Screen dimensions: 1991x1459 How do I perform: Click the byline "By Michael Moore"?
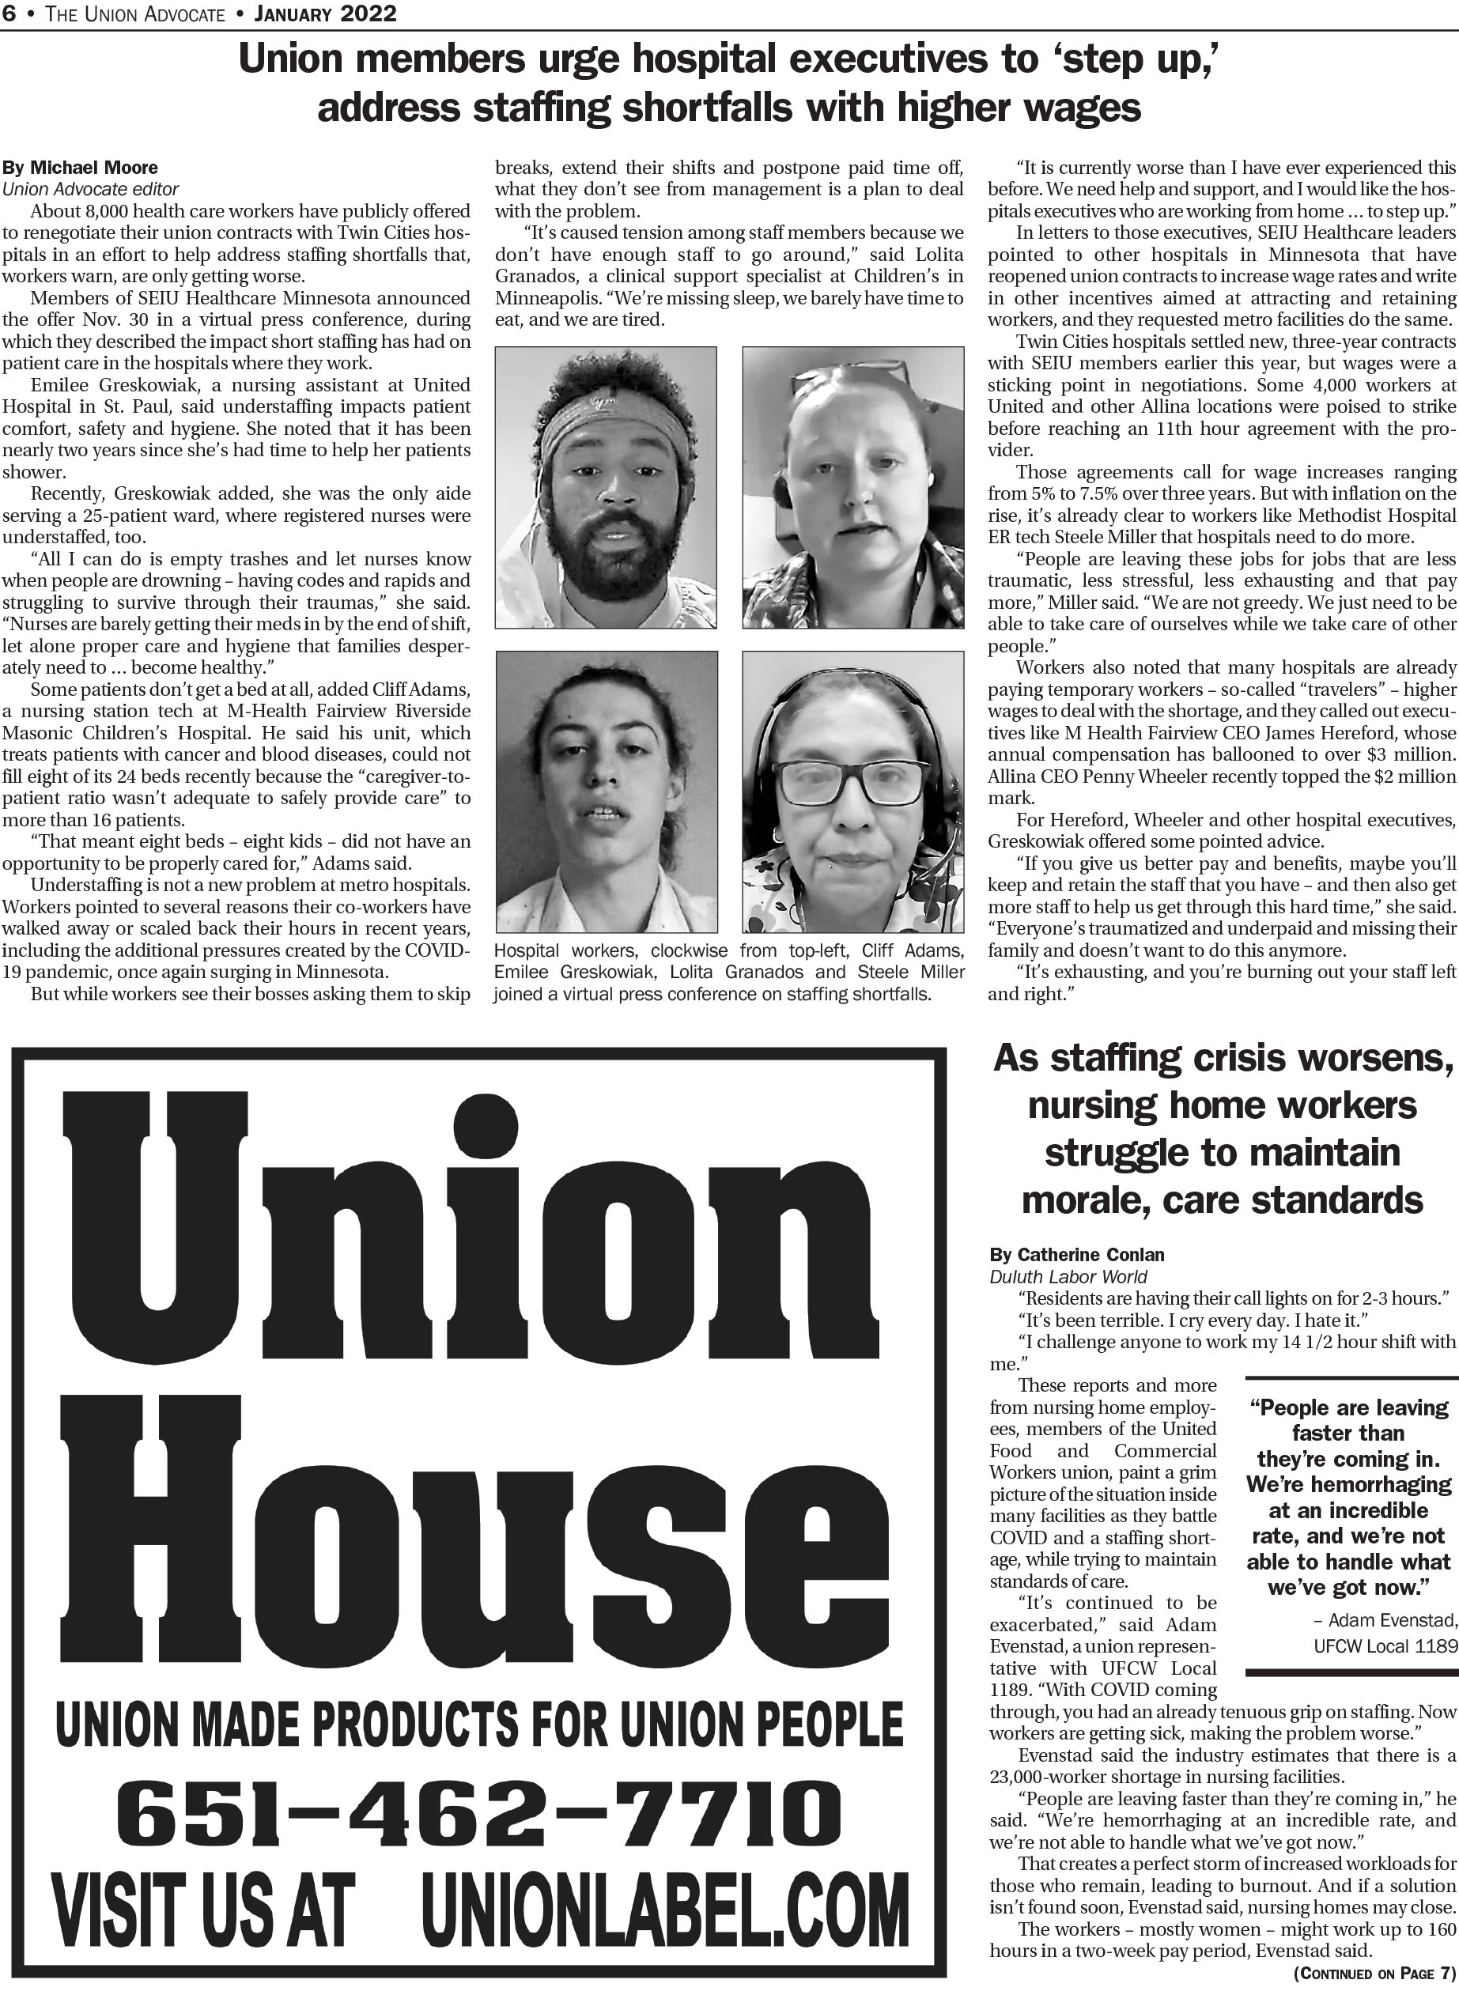pyautogui.click(x=80, y=168)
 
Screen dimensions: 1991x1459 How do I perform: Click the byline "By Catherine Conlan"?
pyautogui.click(x=1076, y=1255)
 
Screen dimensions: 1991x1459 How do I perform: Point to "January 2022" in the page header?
pyautogui.click(x=324, y=13)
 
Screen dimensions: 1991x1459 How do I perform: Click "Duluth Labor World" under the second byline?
pyautogui.click(x=1068, y=1277)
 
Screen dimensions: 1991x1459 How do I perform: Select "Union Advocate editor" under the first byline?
pyautogui.click(x=90, y=189)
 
